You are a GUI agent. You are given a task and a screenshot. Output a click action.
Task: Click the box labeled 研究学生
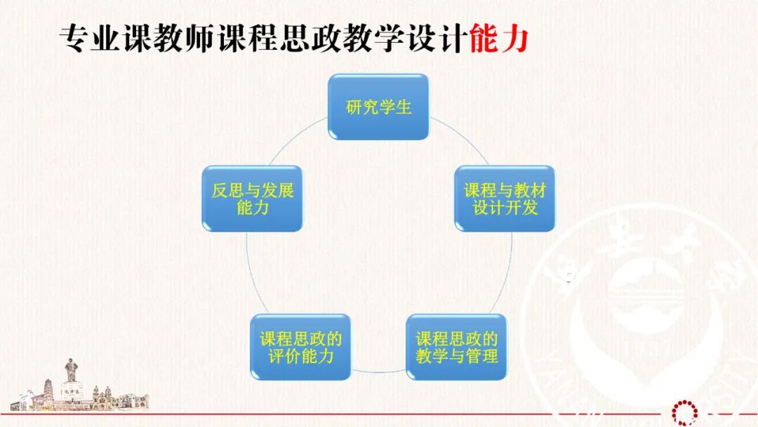click(x=378, y=107)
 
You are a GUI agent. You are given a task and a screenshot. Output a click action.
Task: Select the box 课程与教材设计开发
click(x=505, y=199)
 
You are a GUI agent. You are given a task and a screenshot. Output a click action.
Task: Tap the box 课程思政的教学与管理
click(x=456, y=347)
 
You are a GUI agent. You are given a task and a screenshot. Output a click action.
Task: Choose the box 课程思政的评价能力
click(x=300, y=347)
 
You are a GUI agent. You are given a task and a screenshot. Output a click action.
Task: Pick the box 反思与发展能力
click(x=252, y=199)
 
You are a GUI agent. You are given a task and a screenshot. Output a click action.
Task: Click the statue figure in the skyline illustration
click(x=71, y=368)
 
